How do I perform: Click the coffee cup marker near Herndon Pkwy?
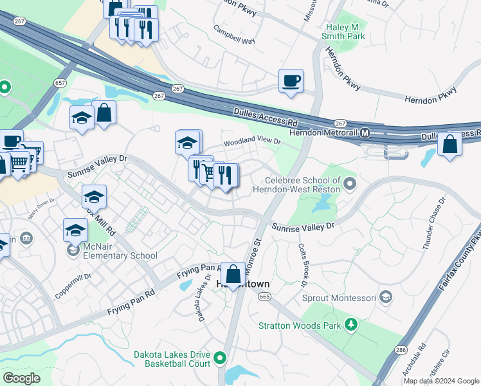coord(291,81)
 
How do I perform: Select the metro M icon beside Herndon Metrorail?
coord(365,133)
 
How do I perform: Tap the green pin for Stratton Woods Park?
coord(350,325)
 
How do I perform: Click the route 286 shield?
coord(401,349)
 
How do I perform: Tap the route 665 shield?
coord(264,297)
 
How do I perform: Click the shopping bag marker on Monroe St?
coord(232,273)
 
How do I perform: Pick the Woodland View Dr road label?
coord(252,141)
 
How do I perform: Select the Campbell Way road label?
coord(235,39)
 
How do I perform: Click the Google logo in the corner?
coord(21,378)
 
